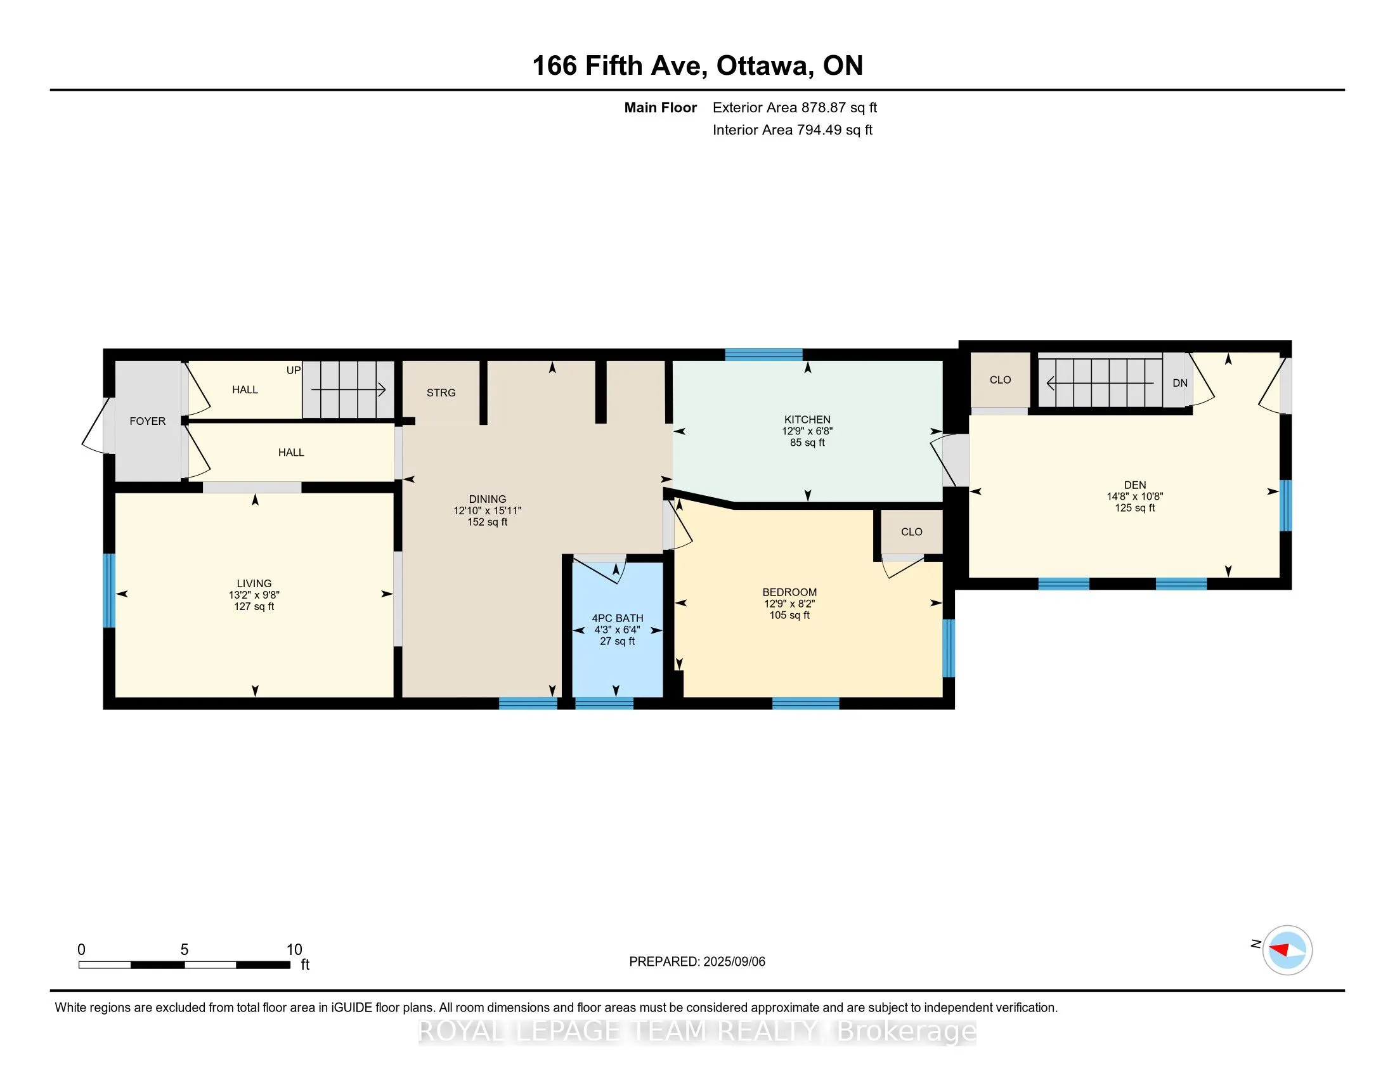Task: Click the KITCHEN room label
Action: coord(807,420)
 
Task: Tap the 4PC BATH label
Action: coord(617,618)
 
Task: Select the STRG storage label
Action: coord(441,393)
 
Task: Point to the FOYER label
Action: coord(148,421)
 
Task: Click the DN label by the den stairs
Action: coord(1180,383)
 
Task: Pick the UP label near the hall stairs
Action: coord(293,370)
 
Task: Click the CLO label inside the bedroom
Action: coord(911,532)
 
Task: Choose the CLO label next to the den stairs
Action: coord(1000,380)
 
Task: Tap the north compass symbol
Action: coord(1287,950)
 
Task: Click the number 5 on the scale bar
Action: coord(185,950)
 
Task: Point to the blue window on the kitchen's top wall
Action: coord(764,354)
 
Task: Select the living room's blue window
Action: coord(109,591)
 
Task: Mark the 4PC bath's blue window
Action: coord(604,703)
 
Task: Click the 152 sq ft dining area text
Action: coord(488,523)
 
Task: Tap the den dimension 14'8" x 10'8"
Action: coord(1135,497)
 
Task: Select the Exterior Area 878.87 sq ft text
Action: coord(795,107)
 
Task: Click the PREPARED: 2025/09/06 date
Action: coord(697,962)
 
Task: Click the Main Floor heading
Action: coord(661,107)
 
